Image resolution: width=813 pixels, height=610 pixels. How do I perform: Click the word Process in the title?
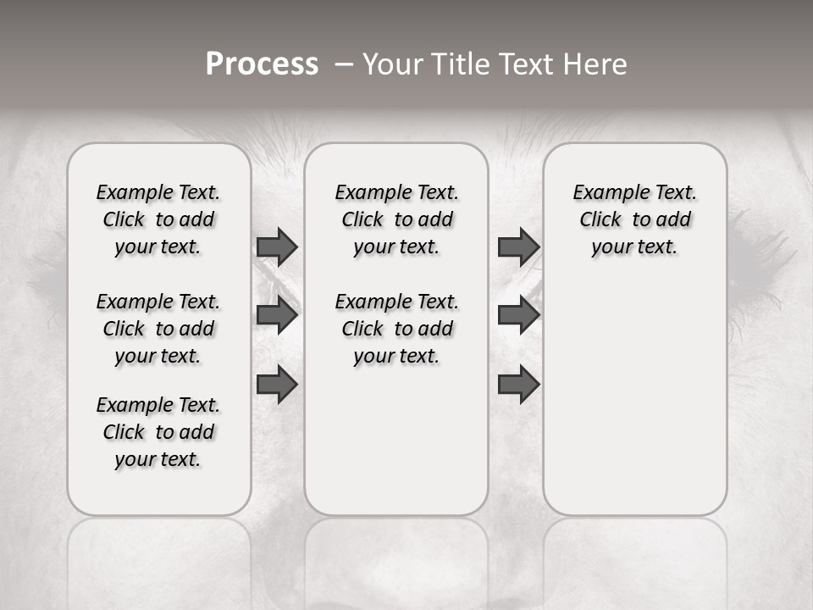tap(262, 64)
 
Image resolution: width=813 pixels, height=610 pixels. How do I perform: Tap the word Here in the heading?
tap(595, 64)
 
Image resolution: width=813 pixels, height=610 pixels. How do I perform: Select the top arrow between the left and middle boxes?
tap(277, 247)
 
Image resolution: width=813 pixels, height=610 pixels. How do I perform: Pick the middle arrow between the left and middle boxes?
tap(277, 315)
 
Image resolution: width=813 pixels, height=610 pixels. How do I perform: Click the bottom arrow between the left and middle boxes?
tap(277, 385)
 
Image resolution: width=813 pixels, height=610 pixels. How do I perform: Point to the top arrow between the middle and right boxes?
tap(518, 247)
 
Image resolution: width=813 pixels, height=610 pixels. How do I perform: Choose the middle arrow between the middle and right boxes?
tap(518, 315)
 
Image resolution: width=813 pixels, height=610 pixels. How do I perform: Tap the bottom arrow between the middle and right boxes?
tap(518, 385)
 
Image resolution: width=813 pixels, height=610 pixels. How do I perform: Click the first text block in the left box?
tap(158, 219)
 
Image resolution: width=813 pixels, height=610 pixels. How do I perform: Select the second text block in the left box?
tap(158, 329)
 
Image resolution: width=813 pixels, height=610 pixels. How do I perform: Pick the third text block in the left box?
tap(158, 432)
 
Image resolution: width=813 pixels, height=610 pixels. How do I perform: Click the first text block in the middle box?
tap(396, 219)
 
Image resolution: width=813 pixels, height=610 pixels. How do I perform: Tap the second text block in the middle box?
tap(396, 329)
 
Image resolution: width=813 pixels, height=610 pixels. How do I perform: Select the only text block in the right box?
tap(634, 219)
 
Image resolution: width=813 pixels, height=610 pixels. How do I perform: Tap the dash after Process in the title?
tap(344, 64)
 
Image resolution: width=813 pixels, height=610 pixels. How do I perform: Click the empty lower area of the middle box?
tap(396, 441)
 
